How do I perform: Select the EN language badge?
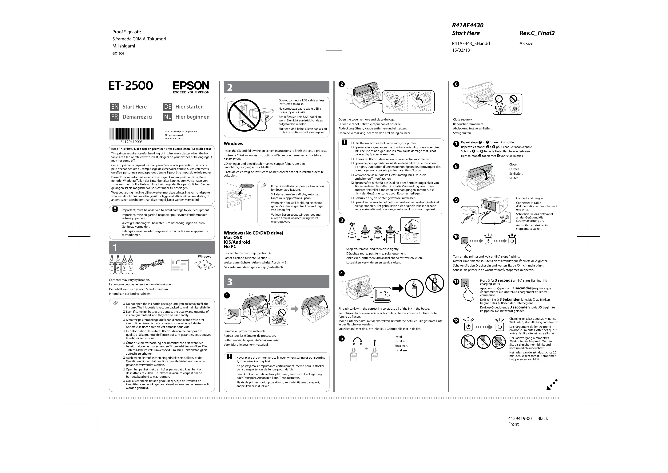pyautogui.click(x=115, y=107)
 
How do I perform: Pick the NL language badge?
pyautogui.click(x=168, y=117)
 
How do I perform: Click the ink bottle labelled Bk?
pyautogui.click(x=130, y=265)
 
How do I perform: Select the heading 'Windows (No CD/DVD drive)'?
pyautogui.click(x=253, y=233)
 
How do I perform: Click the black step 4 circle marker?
pyautogui.click(x=342, y=273)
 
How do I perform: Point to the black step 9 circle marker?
pyautogui.click(x=456, y=200)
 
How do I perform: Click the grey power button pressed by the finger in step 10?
pyautogui.click(x=465, y=241)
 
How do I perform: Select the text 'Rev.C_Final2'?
pyautogui.click(x=537, y=33)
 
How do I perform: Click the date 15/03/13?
pyautogui.click(x=461, y=50)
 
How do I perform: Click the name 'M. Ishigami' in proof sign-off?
pyautogui.click(x=124, y=46)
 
